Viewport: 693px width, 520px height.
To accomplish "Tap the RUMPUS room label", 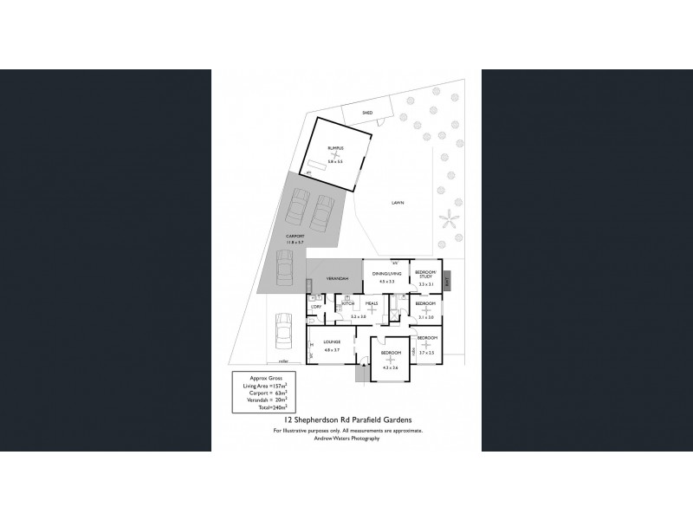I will (x=335, y=148).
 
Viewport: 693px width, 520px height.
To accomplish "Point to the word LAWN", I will (x=397, y=203).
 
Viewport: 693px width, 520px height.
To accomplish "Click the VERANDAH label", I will (x=337, y=278).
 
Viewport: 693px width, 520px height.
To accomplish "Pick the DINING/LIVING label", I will (x=386, y=274).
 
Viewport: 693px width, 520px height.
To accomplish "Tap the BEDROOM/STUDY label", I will (x=424, y=275).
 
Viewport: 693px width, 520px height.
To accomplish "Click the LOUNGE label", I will (x=333, y=342).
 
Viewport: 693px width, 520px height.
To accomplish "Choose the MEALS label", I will (x=372, y=303).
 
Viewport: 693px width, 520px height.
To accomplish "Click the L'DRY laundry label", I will (x=316, y=307).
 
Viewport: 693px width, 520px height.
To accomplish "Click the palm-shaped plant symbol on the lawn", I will (x=449, y=217).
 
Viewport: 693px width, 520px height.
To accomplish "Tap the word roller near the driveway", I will (x=283, y=361).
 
